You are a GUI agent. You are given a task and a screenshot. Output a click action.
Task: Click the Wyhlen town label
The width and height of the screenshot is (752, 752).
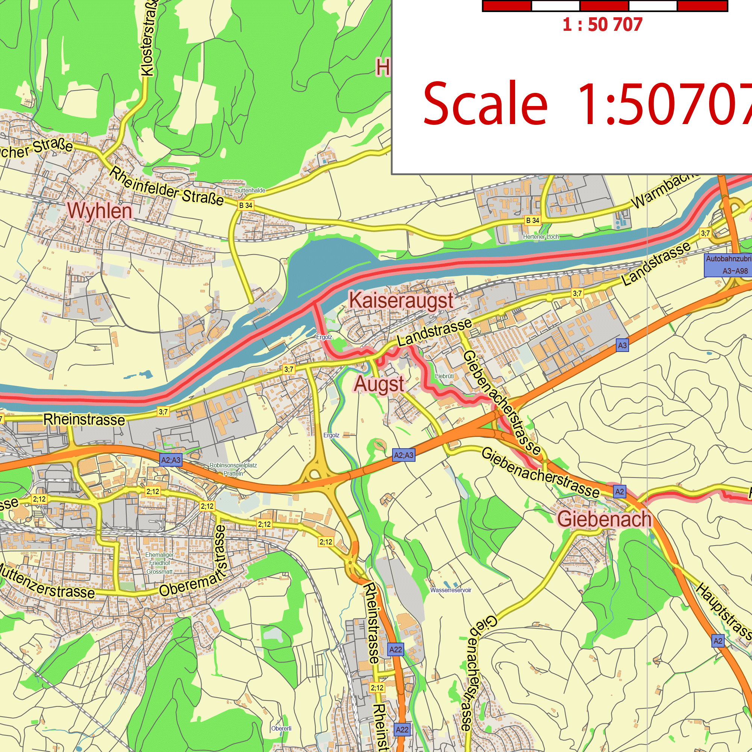(100, 211)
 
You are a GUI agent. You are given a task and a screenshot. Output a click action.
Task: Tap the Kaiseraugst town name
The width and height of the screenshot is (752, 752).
(401, 301)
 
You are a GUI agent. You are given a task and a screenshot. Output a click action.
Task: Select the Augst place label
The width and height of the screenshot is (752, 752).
(379, 385)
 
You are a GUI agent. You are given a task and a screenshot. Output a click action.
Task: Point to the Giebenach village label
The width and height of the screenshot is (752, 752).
(604, 519)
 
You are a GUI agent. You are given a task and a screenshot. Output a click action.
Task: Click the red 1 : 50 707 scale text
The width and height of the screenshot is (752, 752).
(602, 25)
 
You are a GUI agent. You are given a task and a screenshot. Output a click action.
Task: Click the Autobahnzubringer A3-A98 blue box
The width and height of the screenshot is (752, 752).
(727, 265)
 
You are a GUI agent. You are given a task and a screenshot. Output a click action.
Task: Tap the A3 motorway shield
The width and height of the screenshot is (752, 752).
(622, 345)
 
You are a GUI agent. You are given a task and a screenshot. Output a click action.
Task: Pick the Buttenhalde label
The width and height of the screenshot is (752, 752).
(250, 190)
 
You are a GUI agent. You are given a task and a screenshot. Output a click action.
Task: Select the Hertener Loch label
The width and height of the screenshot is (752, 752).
(541, 237)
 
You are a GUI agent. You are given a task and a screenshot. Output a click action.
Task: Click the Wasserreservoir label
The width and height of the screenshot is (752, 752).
(451, 590)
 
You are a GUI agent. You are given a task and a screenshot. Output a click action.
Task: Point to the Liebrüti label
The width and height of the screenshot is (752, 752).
(444, 376)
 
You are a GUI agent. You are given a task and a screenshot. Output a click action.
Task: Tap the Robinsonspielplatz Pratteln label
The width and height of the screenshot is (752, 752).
(233, 469)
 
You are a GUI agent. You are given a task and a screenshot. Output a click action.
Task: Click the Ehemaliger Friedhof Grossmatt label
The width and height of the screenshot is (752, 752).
(159, 563)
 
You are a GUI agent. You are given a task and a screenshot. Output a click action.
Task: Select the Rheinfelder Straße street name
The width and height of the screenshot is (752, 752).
(166, 187)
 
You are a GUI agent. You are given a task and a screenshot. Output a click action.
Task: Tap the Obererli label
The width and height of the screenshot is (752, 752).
(281, 728)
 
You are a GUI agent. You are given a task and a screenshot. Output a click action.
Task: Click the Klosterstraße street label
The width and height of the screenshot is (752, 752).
(150, 39)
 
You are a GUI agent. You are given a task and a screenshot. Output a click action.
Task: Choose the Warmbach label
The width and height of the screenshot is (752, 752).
(666, 190)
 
